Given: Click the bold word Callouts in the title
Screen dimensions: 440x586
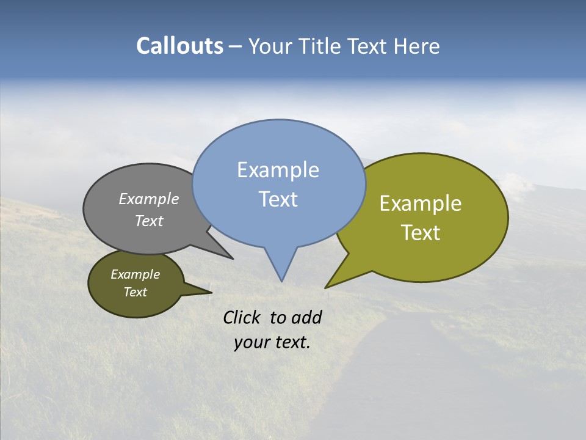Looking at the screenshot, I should click(x=179, y=46).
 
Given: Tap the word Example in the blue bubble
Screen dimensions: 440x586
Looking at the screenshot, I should click(x=278, y=170).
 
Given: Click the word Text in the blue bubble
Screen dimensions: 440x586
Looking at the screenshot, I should click(x=278, y=199).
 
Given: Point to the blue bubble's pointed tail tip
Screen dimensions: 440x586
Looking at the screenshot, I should click(x=281, y=280).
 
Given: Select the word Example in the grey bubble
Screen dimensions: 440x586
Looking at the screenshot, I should click(x=149, y=199).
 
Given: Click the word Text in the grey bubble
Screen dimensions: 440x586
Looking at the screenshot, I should click(x=149, y=221).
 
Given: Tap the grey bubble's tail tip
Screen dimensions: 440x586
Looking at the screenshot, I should click(x=232, y=258).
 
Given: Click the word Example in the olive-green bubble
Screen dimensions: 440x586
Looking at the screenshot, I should click(x=421, y=204).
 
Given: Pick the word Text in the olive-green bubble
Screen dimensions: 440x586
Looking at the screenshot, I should click(x=421, y=233).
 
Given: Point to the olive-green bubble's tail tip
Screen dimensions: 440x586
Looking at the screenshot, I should click(x=326, y=287).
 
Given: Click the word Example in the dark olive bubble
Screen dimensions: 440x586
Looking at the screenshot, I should click(x=135, y=274).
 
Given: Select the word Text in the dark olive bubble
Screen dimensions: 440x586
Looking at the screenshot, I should click(x=135, y=292).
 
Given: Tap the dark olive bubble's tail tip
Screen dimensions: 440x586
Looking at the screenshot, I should click(x=211, y=293).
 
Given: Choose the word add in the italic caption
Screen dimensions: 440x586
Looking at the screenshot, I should click(x=306, y=317).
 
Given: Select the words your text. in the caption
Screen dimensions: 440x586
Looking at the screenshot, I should click(x=272, y=342).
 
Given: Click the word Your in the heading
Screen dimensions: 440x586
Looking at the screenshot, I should click(x=270, y=46).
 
